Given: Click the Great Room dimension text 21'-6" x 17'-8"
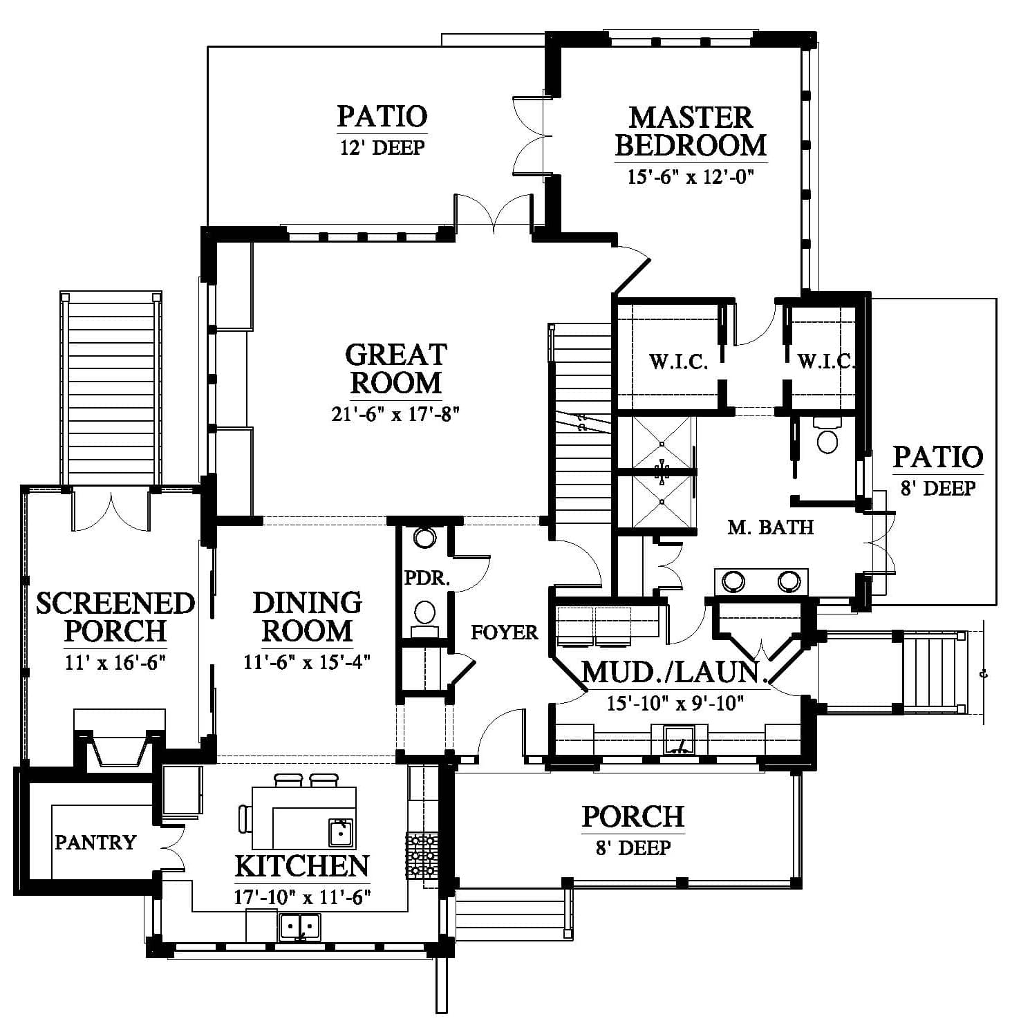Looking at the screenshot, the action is (x=395, y=414).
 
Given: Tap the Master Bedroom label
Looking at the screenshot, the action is (x=691, y=131).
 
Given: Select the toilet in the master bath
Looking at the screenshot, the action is (x=827, y=435).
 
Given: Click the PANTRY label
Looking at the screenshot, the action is (x=95, y=842).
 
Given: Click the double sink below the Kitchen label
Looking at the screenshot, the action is (x=300, y=926).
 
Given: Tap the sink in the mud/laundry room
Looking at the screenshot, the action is (x=679, y=740).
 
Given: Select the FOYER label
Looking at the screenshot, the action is (x=505, y=632).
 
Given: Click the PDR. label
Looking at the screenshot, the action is (x=427, y=578).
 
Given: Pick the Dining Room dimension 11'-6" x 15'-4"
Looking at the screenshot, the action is (x=307, y=661).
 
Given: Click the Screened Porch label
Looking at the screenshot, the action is (x=115, y=617).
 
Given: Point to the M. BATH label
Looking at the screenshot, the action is (x=771, y=527).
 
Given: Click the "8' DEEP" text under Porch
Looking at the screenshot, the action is (x=633, y=847).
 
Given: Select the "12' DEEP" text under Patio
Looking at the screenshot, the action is (x=382, y=147).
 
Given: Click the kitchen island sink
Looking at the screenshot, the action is (x=341, y=832).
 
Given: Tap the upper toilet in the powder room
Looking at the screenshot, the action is (x=424, y=537).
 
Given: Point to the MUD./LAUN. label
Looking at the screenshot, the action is (x=674, y=673).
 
